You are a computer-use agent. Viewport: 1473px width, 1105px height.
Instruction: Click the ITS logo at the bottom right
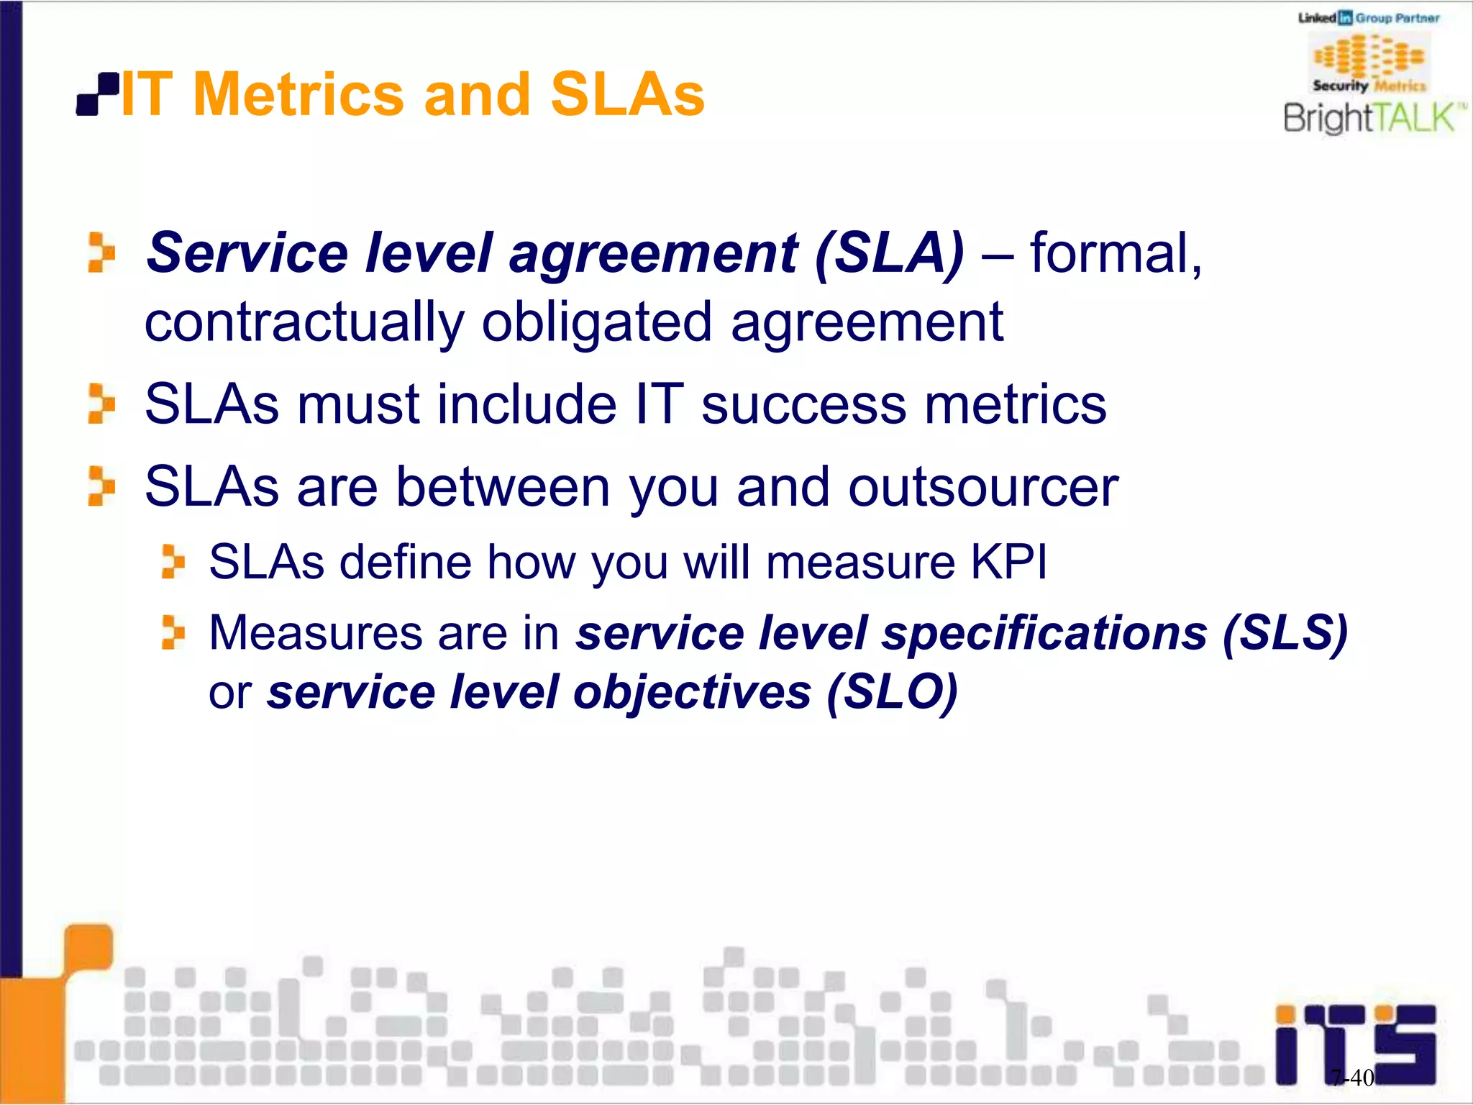1356,1043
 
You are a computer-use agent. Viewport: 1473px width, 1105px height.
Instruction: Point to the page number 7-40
1352,1077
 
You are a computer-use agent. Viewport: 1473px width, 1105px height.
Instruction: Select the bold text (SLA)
889,253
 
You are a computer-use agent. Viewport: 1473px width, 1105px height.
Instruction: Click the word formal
1115,253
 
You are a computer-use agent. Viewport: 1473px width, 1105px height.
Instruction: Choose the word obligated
596,322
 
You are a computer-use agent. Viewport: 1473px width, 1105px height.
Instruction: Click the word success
803,404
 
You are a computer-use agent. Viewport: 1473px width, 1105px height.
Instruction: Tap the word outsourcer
982,487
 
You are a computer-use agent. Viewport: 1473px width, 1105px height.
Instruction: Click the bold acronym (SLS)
1285,633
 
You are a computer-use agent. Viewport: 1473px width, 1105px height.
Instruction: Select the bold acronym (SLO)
892,692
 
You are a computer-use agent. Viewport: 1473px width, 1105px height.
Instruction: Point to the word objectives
691,692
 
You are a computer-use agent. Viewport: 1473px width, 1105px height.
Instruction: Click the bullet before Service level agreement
101,253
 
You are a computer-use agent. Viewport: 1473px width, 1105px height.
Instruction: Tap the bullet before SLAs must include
101,404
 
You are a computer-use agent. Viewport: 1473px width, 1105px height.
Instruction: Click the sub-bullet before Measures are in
173,632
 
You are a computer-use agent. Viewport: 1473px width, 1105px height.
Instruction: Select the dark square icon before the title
98,94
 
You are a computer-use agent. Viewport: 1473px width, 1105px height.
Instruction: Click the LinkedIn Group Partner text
1369,18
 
